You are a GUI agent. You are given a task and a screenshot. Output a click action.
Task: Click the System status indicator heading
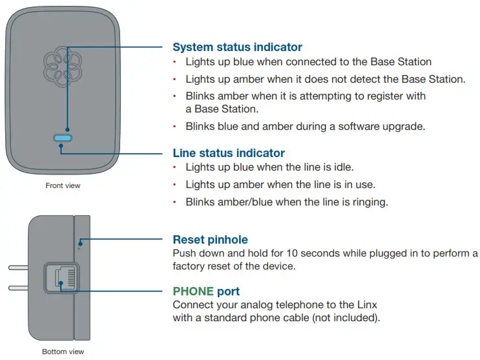point(237,47)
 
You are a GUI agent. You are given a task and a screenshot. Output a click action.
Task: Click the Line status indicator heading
point(228,153)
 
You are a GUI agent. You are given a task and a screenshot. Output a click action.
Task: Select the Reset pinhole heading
point(210,240)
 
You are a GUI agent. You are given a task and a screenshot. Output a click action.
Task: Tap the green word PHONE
point(193,291)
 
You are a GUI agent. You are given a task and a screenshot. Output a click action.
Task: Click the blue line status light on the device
point(63,138)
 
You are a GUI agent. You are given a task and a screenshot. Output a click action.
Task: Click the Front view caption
point(63,186)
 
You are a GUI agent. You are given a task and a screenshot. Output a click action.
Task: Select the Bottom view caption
point(63,352)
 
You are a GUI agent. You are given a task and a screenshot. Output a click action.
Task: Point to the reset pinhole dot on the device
point(79,248)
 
